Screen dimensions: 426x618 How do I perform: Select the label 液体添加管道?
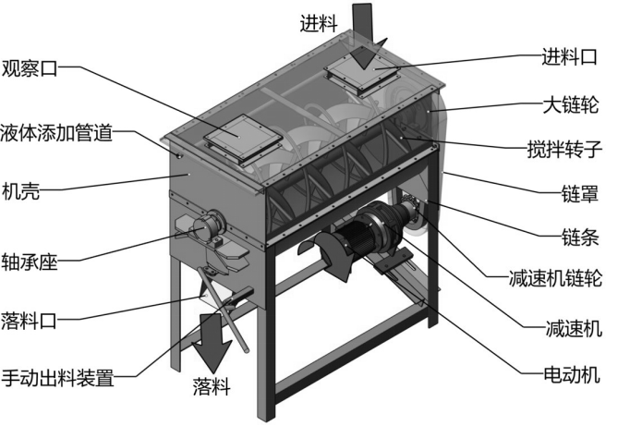coord(57,133)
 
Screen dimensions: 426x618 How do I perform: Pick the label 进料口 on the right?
coord(570,58)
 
